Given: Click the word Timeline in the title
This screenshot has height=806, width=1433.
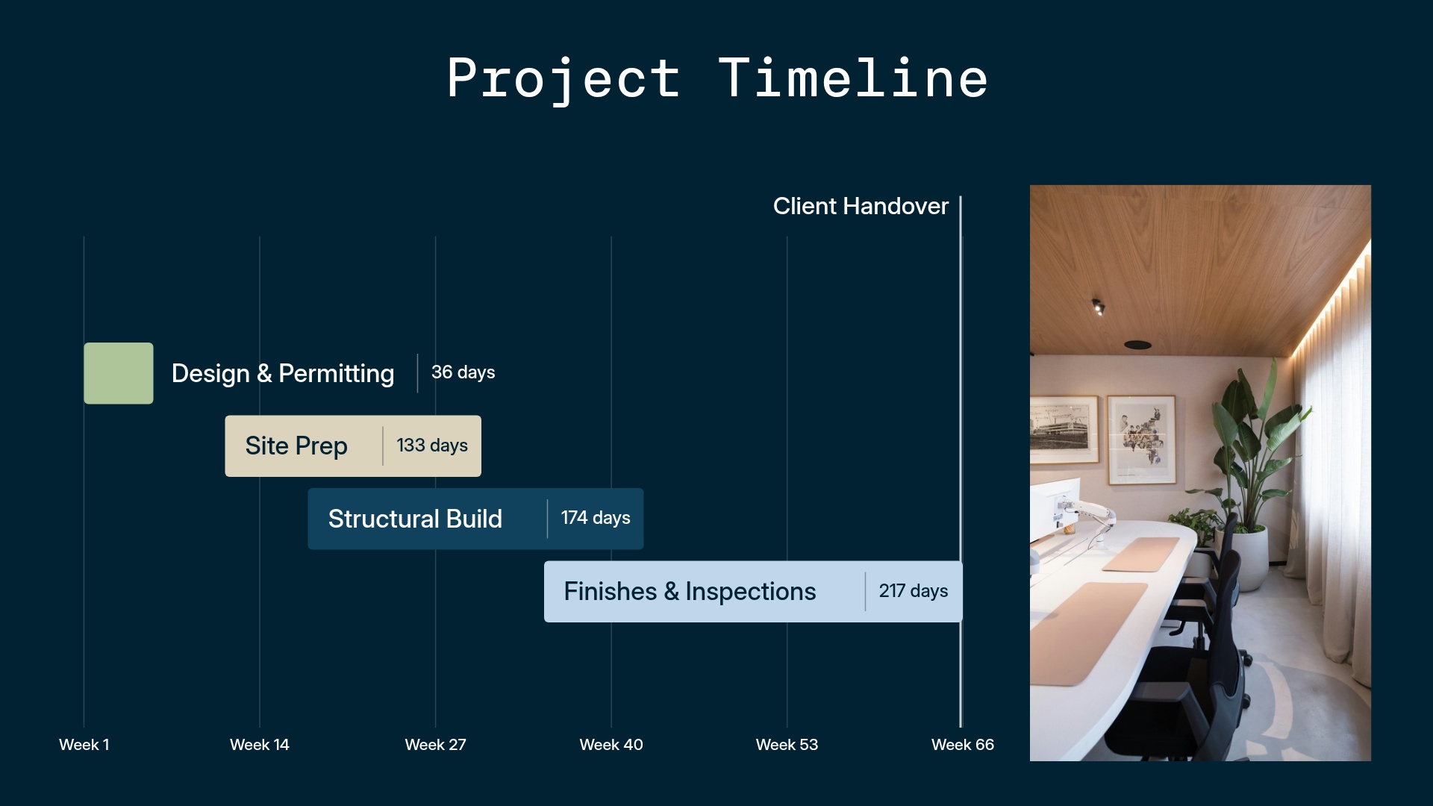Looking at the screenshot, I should [x=853, y=78].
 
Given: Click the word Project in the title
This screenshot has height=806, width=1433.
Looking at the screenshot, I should [x=563, y=78].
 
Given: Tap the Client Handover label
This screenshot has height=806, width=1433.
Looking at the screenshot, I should [x=860, y=206].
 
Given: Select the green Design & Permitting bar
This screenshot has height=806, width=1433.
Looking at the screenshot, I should [x=118, y=373].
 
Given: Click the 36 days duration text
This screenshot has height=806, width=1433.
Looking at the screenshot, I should [x=463, y=372].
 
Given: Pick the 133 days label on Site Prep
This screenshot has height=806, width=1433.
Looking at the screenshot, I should [x=431, y=446].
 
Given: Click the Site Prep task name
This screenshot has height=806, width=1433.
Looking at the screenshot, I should [x=296, y=446].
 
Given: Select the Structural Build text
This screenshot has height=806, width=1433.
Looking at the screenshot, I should [x=415, y=519].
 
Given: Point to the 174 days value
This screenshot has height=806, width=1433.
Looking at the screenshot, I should [x=595, y=518].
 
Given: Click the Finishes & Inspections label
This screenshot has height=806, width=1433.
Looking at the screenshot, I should [x=690, y=592].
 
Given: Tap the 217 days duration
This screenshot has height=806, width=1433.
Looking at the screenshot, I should [x=913, y=591].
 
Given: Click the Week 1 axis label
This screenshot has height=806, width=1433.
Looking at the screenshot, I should [x=84, y=745].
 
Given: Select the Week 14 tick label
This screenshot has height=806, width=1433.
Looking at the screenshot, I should [x=259, y=745].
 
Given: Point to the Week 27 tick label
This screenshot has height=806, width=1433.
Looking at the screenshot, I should [x=435, y=745].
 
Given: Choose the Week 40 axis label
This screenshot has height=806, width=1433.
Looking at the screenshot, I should [x=611, y=745].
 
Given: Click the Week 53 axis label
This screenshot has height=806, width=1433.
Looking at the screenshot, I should [x=787, y=745].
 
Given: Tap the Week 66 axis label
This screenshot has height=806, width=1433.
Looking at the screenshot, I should [x=962, y=745].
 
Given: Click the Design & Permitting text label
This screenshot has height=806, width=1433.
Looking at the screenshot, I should [x=282, y=373].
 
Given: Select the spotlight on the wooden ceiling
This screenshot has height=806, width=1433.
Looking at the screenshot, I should [x=1098, y=306].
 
